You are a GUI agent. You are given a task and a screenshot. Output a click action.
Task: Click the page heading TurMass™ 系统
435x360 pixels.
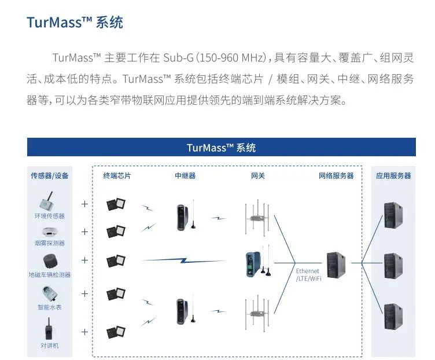click(x=75, y=23)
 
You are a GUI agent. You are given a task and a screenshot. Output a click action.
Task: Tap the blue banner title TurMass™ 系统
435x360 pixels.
click(x=221, y=148)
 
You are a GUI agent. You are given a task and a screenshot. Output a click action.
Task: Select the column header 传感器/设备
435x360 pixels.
click(x=50, y=175)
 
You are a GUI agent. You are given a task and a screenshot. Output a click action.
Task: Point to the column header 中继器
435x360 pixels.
click(x=185, y=175)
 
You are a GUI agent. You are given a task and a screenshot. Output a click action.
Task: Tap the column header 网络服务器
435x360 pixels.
click(x=336, y=175)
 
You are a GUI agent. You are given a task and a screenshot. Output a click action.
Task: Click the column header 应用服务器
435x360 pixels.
click(x=393, y=175)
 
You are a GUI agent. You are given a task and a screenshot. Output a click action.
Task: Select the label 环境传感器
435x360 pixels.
click(x=50, y=216)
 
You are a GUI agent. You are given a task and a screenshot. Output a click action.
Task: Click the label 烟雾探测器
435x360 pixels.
click(x=50, y=243)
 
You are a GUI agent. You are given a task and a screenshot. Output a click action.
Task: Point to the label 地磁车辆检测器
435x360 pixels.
click(x=50, y=275)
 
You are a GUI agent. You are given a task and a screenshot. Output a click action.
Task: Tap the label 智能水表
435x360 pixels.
click(x=50, y=307)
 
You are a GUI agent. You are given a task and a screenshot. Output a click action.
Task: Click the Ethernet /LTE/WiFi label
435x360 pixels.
click(x=308, y=275)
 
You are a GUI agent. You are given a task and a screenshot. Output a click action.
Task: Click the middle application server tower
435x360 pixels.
click(x=393, y=265)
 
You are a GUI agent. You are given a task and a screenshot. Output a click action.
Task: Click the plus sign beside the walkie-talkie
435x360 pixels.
click(x=85, y=332)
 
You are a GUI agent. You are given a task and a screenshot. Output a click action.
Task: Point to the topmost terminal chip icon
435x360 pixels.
click(x=116, y=204)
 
